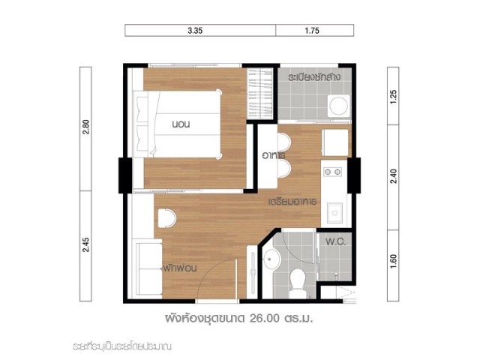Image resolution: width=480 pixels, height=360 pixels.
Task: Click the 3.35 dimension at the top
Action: [x=195, y=31]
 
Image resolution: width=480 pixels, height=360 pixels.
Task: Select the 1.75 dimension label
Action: [x=312, y=31]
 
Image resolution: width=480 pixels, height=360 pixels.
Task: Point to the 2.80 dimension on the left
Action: [x=86, y=127]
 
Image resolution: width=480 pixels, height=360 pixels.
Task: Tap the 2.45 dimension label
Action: [x=86, y=245]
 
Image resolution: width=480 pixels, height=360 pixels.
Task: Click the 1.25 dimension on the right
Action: [x=394, y=97]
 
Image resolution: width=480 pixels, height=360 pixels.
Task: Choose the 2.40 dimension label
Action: [x=394, y=176]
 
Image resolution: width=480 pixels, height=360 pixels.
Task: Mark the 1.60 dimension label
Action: [x=394, y=262]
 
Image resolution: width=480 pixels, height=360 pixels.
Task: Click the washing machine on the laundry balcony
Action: [x=339, y=106]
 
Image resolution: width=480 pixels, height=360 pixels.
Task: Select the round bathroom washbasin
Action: [x=271, y=259]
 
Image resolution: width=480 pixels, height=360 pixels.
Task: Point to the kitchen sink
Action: [x=334, y=213]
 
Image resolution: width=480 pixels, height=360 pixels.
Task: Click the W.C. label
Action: [x=336, y=242]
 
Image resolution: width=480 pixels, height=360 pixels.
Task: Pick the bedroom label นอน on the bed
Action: [x=181, y=124]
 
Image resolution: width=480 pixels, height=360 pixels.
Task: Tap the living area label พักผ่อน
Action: [x=179, y=268]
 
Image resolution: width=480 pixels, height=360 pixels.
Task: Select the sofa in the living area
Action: [x=148, y=268]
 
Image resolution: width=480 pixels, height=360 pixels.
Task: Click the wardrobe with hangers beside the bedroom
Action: [x=259, y=94]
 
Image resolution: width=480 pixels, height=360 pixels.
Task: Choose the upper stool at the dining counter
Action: [x=284, y=142]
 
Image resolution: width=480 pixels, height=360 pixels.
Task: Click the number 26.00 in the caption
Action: [x=265, y=319]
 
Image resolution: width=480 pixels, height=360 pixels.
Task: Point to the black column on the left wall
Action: [x=125, y=175]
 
